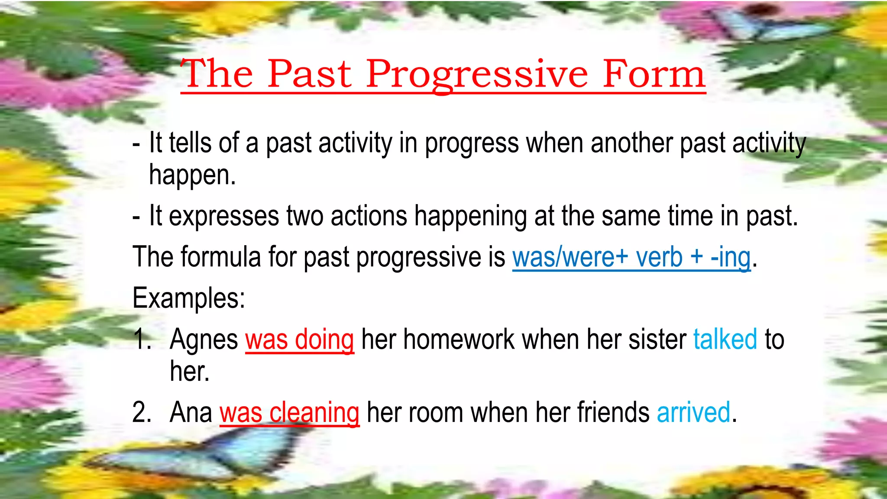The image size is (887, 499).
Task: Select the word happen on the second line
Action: click(x=192, y=175)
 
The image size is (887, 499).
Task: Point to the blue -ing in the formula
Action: click(x=731, y=257)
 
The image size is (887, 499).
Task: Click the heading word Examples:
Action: click(x=189, y=298)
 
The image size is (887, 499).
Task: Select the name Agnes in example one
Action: click(x=204, y=339)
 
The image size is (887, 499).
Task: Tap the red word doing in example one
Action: click(x=324, y=339)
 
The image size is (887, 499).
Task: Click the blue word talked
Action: click(x=725, y=339)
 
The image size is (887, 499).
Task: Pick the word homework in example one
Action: click(x=459, y=339)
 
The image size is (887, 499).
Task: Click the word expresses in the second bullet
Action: click(x=224, y=216)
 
